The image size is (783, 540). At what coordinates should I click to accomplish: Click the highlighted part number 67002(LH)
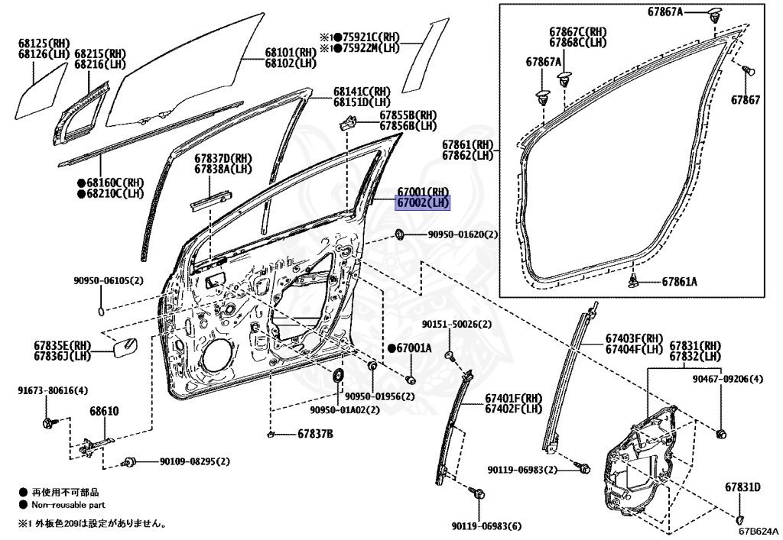click(x=423, y=203)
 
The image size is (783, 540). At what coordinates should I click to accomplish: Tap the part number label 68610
click(x=104, y=412)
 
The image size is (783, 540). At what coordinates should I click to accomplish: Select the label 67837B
click(x=315, y=434)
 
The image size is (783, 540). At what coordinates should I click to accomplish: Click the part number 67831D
click(x=742, y=487)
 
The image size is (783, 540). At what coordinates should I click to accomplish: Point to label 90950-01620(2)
click(x=463, y=234)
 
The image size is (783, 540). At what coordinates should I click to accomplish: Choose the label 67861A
click(x=680, y=282)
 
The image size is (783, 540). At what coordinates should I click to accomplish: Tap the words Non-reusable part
click(x=68, y=505)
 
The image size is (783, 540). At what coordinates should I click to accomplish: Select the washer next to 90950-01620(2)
click(x=400, y=234)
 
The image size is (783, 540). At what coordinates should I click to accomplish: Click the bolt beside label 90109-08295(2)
click(x=129, y=462)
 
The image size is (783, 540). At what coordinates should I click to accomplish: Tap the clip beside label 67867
click(x=748, y=70)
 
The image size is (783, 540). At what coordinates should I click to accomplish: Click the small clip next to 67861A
click(x=634, y=281)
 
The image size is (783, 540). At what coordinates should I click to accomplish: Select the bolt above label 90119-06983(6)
click(x=478, y=493)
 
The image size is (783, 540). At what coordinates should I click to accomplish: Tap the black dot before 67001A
click(x=391, y=348)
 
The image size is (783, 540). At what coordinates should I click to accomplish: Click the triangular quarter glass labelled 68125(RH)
click(x=41, y=92)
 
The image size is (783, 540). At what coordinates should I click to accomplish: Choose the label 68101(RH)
click(x=290, y=53)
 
